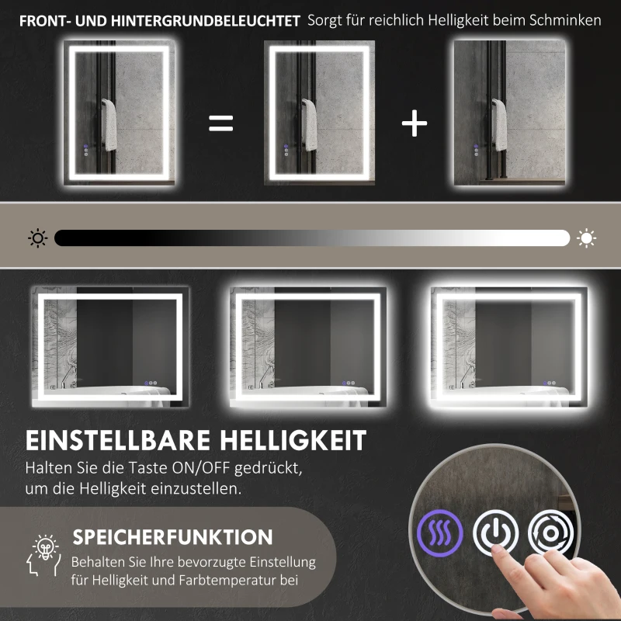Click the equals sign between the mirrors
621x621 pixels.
tap(221, 123)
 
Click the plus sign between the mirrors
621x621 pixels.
tap(415, 123)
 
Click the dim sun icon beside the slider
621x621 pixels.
tap(37, 238)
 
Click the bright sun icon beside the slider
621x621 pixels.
tap(587, 238)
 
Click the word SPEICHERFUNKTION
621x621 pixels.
tap(172, 537)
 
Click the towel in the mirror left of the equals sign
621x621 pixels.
tap(109, 124)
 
